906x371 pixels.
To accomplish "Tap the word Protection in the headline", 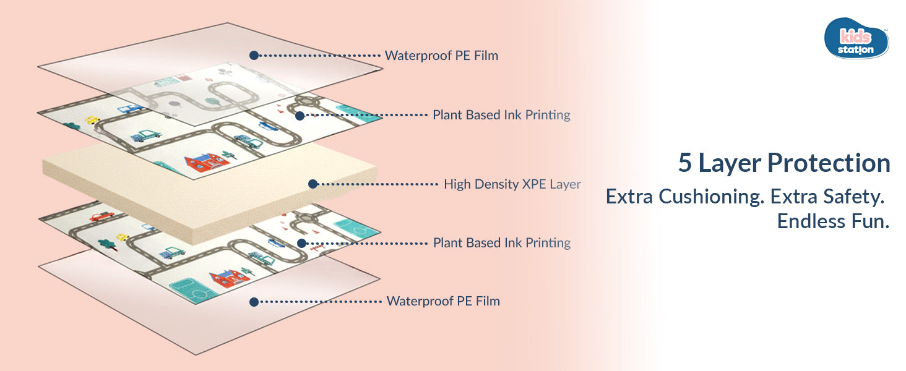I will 829,163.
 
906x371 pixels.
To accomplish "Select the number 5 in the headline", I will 684,163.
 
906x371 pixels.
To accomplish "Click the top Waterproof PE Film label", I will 441,56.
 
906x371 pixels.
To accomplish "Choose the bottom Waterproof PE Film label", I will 443,302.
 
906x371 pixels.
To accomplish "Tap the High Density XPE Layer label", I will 512,184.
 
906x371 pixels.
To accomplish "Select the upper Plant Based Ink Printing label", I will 501,115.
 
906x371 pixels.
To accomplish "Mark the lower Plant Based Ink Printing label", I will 502,243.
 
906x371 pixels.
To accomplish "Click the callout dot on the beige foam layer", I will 313,184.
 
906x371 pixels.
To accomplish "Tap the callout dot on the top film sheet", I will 253,55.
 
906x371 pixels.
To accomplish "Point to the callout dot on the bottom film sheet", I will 253,302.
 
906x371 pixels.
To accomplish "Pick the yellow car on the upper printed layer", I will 92,121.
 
